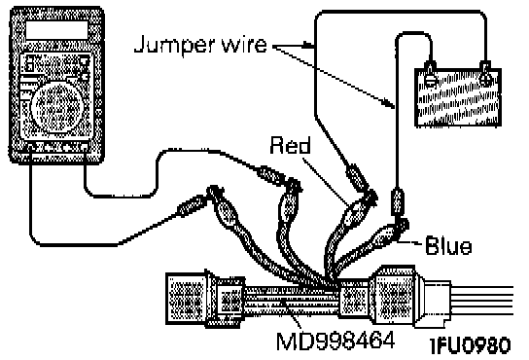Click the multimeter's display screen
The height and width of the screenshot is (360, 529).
[x=56, y=30]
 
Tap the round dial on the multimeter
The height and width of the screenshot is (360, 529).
[x=56, y=106]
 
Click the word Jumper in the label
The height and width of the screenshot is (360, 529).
[x=174, y=45]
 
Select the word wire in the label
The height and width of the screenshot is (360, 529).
[x=243, y=44]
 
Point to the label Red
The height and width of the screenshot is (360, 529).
[x=290, y=145]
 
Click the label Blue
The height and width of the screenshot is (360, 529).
[x=448, y=246]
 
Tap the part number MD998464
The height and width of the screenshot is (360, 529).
[x=335, y=341]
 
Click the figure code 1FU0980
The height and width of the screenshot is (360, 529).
[x=471, y=345]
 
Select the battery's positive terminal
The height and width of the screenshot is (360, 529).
[x=486, y=77]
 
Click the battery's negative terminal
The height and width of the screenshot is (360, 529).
[x=431, y=77]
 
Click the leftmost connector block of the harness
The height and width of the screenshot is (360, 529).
[x=186, y=298]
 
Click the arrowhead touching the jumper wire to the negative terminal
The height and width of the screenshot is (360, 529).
[x=389, y=102]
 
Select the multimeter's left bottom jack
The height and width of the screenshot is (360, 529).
[x=30, y=147]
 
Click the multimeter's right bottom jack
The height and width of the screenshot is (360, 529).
[x=85, y=147]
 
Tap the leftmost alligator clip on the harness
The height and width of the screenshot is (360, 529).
[x=223, y=206]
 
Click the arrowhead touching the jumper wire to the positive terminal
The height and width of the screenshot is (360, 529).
[x=307, y=45]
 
